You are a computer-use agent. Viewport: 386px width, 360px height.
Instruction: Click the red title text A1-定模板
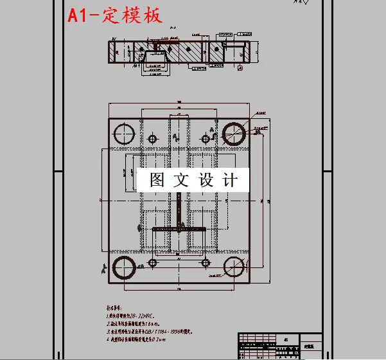pyautogui.click(x=116, y=14)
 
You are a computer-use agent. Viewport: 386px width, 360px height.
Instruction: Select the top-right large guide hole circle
pyautogui.click(x=232, y=132)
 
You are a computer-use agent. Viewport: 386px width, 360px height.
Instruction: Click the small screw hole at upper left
pyautogui.click(x=152, y=139)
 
